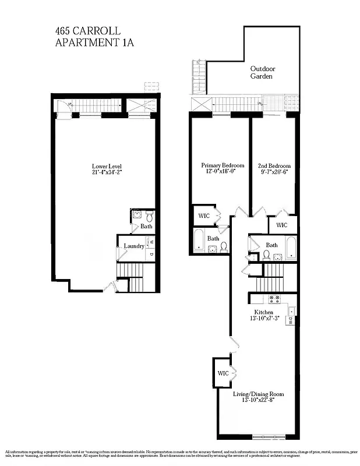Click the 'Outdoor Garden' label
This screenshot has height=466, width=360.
262,72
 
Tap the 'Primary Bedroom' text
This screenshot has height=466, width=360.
218,165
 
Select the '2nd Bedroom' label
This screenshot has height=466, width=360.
273,165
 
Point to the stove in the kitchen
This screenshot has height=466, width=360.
274,299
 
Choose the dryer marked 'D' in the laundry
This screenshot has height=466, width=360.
150,254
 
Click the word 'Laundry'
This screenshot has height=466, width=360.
133,246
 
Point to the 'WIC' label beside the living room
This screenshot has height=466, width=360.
222,373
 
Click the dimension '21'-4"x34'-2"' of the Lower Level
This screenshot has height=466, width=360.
103,172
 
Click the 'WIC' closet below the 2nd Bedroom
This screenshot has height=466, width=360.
282,225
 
